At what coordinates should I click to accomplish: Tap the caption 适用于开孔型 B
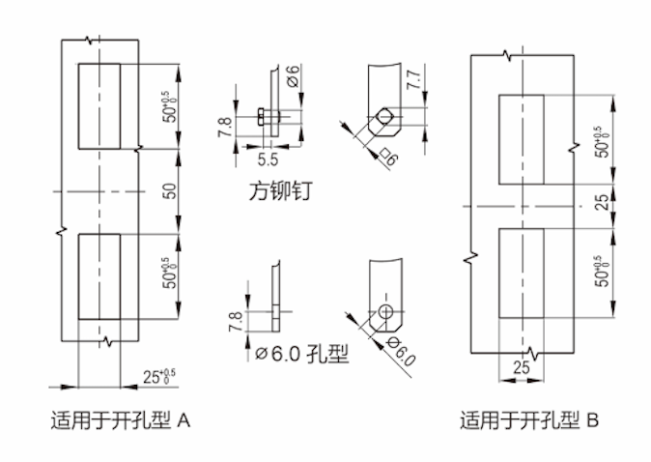[527, 421]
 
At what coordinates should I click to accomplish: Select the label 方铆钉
[278, 191]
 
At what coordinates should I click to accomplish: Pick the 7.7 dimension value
[414, 80]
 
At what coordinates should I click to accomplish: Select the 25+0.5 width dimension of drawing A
[160, 375]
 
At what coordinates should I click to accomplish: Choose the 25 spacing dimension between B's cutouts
[602, 203]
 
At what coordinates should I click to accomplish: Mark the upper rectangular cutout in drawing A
[99, 106]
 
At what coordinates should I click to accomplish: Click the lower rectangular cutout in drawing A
[99, 275]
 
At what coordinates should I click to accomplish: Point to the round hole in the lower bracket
[384, 312]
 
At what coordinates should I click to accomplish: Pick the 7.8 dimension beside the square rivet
[225, 125]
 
